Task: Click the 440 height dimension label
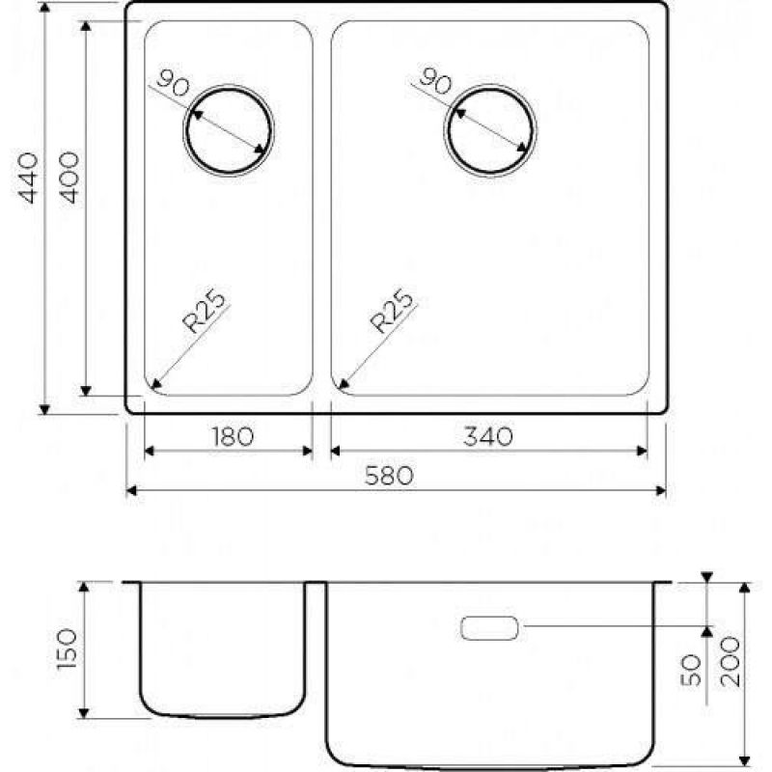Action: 28,178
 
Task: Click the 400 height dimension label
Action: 69,178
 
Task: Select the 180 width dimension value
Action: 233,436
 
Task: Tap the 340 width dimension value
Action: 488,436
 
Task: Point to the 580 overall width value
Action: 389,476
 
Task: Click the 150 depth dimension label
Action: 67,648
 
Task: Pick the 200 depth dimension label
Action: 731,662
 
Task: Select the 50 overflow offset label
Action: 690,670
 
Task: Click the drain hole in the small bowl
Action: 229,130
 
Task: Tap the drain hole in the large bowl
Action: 490,130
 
